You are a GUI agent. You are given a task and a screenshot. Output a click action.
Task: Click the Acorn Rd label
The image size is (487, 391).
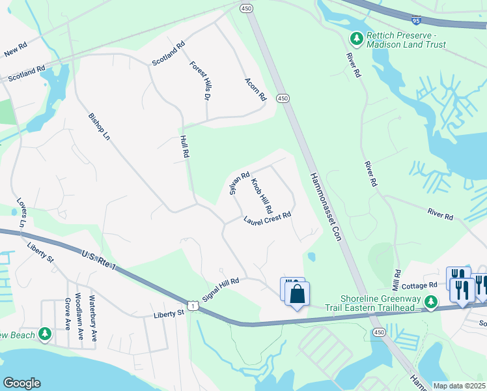(x=256, y=89)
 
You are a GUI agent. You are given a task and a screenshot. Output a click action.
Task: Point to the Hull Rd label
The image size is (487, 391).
(x=185, y=147)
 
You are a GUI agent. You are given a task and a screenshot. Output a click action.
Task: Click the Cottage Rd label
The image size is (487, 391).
(x=419, y=285)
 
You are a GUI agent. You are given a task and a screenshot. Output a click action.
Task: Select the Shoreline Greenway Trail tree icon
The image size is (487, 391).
(x=430, y=302)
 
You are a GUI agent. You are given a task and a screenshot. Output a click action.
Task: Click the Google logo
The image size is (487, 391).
(x=22, y=383)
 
